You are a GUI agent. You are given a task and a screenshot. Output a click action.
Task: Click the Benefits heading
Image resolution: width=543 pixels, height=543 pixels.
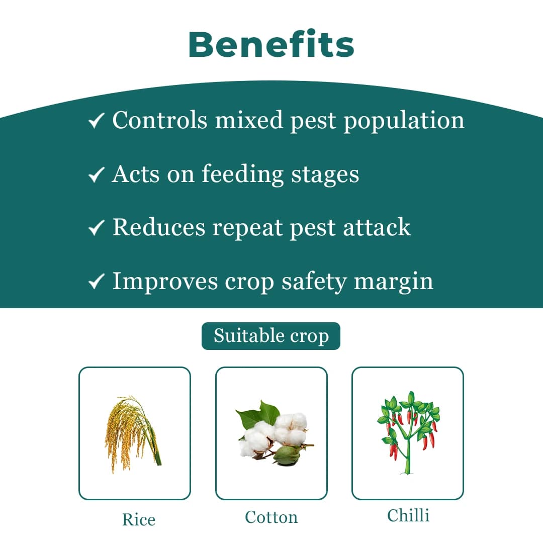(271, 44)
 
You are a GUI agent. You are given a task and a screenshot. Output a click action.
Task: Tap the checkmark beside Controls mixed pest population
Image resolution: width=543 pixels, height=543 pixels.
(96, 121)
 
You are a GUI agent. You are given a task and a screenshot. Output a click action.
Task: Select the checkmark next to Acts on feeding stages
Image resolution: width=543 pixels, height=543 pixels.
(96, 174)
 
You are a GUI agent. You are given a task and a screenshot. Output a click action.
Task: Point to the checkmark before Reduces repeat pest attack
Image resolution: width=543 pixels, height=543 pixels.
(96, 228)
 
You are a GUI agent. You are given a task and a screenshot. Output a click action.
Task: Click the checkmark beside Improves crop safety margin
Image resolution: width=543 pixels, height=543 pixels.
(96, 282)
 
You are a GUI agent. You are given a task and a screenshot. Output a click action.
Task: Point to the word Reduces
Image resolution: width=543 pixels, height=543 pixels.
(159, 227)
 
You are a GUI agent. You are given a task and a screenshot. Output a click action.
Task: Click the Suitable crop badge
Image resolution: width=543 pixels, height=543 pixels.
(271, 336)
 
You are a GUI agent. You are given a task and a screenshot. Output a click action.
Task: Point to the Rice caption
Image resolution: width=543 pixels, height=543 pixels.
(139, 519)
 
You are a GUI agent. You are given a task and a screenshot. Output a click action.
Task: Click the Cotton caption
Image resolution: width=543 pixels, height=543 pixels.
(271, 517)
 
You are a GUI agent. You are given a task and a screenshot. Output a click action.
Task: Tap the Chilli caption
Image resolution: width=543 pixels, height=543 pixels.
(408, 515)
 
